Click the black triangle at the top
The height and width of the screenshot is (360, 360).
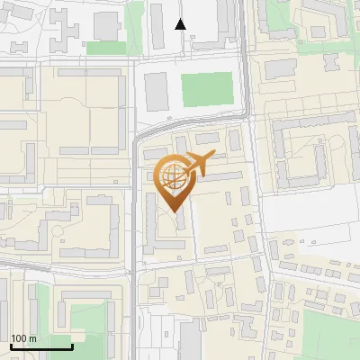click(181, 24)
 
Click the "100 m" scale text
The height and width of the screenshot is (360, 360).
click(24, 338)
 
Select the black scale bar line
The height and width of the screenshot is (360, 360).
click(41, 347)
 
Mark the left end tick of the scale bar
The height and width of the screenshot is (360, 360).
click(11, 346)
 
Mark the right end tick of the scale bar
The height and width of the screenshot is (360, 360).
click(72, 346)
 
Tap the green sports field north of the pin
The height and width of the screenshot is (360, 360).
click(207, 88)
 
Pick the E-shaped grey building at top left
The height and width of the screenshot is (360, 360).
click(63, 24)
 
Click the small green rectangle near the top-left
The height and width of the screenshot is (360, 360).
click(106, 47)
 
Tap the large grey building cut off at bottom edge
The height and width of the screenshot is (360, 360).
click(191, 342)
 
